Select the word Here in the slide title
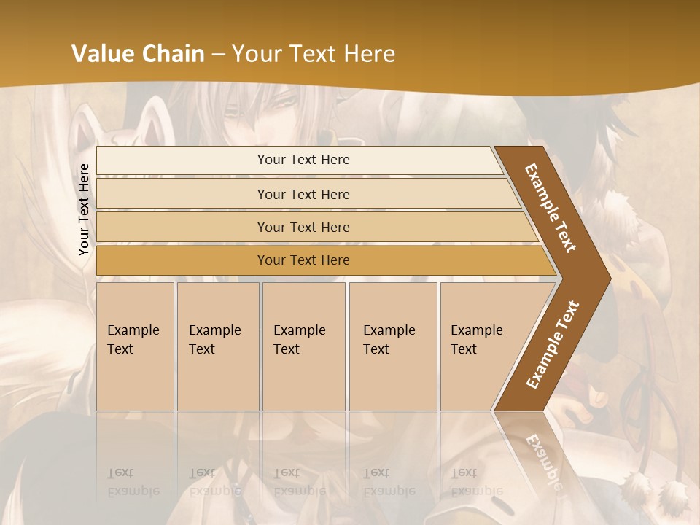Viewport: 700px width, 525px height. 369,54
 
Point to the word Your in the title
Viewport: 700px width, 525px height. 254,54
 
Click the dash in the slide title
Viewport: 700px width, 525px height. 218,55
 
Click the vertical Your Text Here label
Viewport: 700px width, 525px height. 84,209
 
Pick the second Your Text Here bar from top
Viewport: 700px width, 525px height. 303,194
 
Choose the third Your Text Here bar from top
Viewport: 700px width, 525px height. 303,227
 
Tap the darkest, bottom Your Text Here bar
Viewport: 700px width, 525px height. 303,260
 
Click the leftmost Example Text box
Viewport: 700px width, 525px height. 135,346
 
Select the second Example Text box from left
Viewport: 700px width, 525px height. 217,346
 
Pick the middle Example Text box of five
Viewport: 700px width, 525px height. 303,346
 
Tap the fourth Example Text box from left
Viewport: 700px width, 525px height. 393,346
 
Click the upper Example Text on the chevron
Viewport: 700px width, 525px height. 551,208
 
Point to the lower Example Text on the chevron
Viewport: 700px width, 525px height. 553,345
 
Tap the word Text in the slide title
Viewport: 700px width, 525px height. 314,54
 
